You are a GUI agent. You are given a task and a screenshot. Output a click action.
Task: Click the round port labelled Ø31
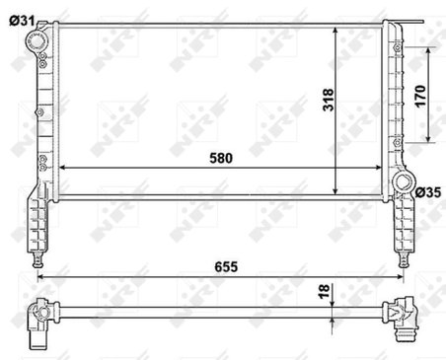(x=37, y=41)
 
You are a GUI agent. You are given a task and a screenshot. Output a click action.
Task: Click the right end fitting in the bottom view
(x=402, y=317)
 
